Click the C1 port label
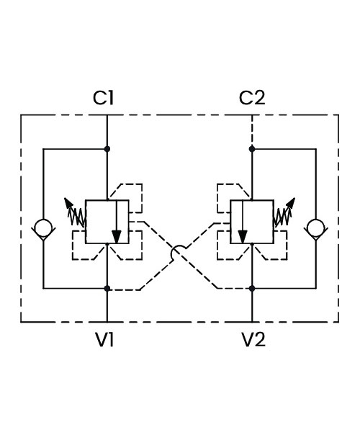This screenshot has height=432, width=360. click(103, 97)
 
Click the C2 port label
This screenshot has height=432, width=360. click(252, 97)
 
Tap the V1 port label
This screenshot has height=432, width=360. click(105, 339)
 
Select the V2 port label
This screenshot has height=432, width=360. click(253, 339)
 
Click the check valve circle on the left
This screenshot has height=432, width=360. click(43, 228)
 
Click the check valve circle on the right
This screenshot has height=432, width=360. click(316, 228)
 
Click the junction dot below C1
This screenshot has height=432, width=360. click(107, 149)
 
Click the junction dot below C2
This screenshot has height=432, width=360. click(252, 149)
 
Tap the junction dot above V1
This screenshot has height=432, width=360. click(107, 289)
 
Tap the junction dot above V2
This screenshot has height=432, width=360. click(252, 289)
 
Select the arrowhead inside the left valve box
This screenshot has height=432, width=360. click(117, 237)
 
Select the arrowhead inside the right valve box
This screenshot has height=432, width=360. click(243, 237)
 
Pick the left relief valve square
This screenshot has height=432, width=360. click(107, 222)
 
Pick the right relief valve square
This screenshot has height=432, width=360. click(252, 222)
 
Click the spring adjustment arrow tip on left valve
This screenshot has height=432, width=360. click(65, 198)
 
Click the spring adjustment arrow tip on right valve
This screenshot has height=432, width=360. click(294, 198)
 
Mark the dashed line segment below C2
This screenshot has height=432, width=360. click(252, 130)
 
